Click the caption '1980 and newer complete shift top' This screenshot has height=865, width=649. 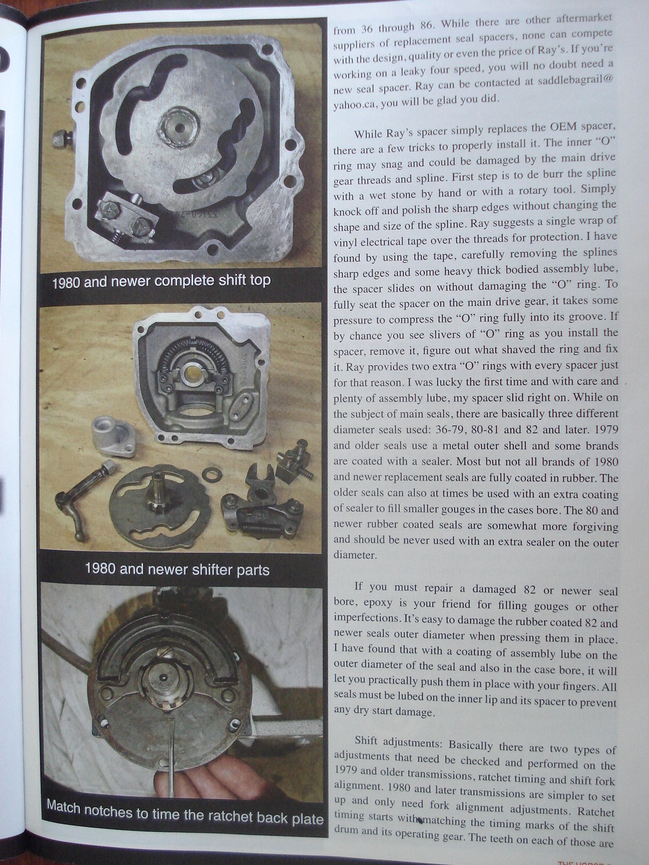click(161, 281)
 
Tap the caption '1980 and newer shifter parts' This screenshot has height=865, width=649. click(177, 569)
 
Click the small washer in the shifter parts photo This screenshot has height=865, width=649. click(208, 475)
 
